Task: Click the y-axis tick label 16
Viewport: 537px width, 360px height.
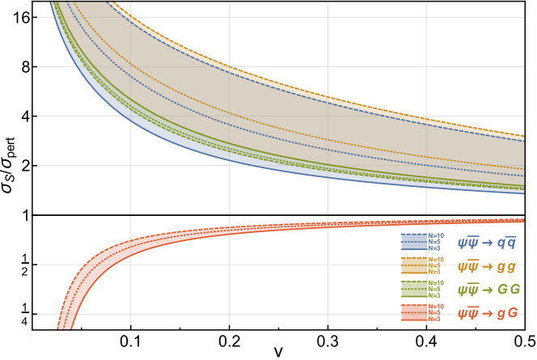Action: click(21, 17)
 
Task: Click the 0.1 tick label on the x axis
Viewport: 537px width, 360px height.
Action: click(131, 341)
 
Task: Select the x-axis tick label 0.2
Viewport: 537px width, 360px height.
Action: click(230, 341)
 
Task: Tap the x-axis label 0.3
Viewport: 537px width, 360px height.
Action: click(328, 341)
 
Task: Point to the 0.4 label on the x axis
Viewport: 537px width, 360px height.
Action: click(426, 341)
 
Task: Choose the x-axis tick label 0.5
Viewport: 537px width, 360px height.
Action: click(524, 341)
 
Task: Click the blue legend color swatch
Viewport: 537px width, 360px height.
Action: click(413, 241)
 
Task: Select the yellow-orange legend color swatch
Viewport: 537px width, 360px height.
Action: click(413, 265)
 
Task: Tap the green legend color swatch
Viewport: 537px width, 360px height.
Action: click(413, 289)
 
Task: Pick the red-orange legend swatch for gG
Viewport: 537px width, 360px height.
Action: click(413, 313)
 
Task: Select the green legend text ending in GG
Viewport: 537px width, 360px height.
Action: click(487, 289)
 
